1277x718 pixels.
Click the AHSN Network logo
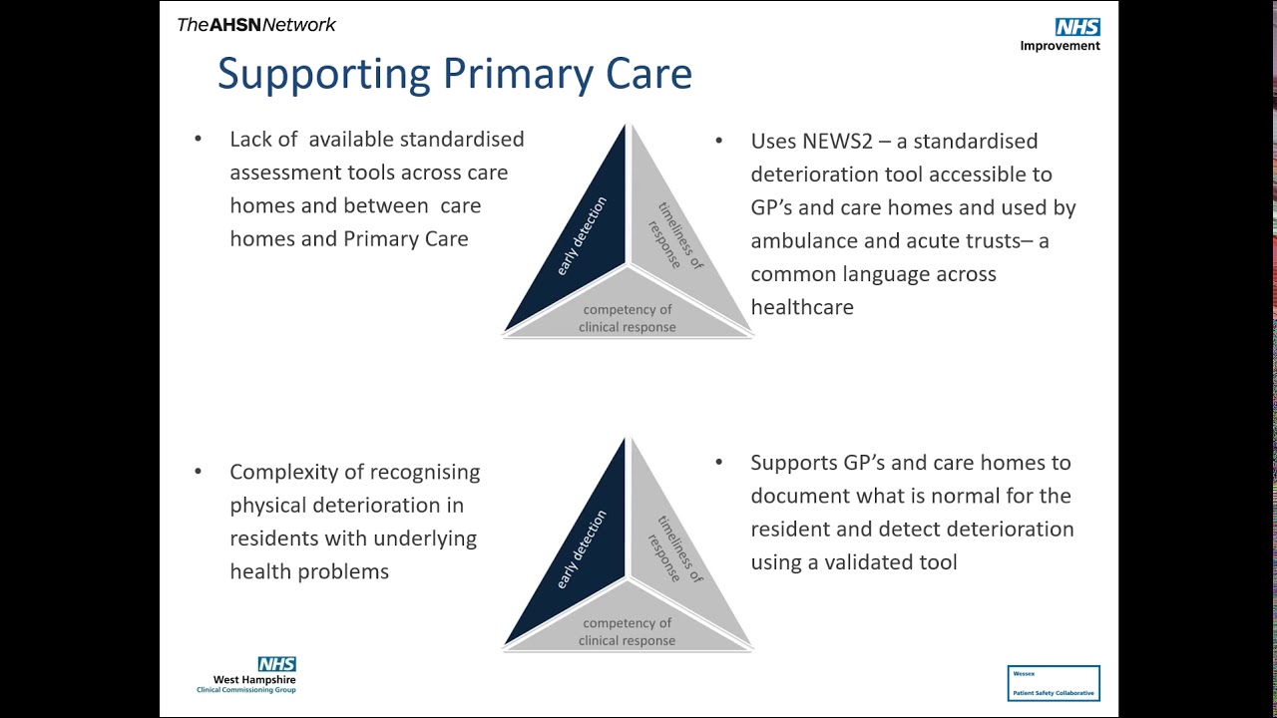(256, 25)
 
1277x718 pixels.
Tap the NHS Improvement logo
(1061, 35)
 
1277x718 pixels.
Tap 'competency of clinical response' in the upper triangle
(628, 318)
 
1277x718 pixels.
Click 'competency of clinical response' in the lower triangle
(628, 632)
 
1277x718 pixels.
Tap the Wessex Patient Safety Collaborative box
(1054, 683)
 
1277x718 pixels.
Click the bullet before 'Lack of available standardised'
(199, 139)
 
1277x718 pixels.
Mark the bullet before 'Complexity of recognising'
(199, 472)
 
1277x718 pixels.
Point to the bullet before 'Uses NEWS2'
(719, 141)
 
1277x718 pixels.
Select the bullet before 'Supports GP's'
(719, 463)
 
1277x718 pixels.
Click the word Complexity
(287, 472)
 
